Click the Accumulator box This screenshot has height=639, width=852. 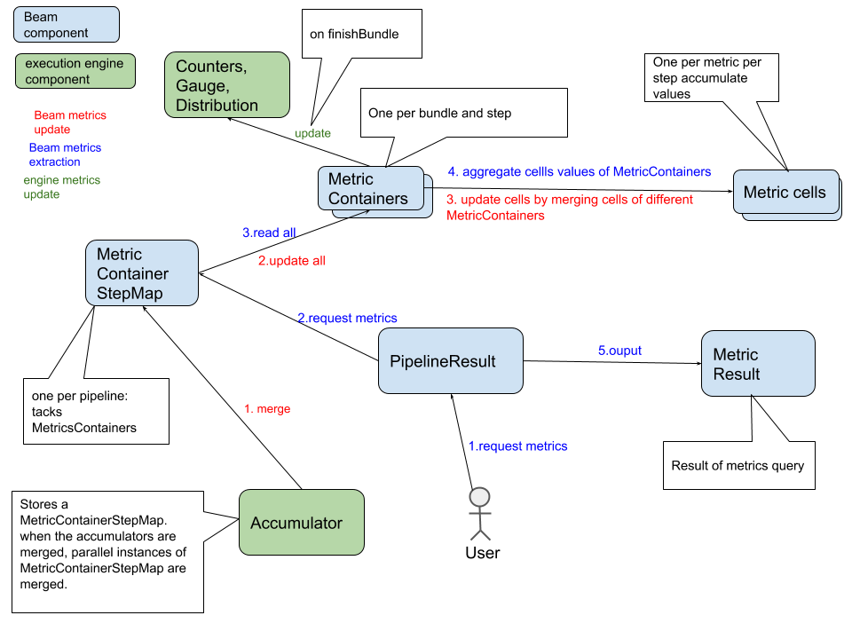[x=302, y=523]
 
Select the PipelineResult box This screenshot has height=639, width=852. [x=450, y=361]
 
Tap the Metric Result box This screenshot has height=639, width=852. [x=758, y=364]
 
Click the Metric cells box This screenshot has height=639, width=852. [x=785, y=192]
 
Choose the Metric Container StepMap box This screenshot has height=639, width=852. [x=142, y=273]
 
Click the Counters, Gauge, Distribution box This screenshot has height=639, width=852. [x=227, y=85]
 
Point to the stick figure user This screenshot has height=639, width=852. [x=479, y=514]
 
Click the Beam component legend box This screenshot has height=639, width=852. [x=67, y=25]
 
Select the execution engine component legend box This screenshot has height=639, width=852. [x=75, y=72]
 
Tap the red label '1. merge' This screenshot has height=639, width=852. [x=267, y=409]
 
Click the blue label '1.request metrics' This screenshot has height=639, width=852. [x=518, y=446]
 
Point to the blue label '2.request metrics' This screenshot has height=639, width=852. [x=347, y=318]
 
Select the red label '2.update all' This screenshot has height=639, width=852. [x=292, y=262]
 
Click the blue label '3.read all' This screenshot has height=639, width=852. [x=269, y=233]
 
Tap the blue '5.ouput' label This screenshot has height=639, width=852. [x=619, y=351]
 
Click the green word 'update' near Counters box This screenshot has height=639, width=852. [x=312, y=133]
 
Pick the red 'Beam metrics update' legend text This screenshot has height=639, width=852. [x=70, y=122]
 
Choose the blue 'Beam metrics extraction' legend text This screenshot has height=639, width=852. [x=65, y=155]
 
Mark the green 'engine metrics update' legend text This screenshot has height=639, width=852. [x=61, y=187]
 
